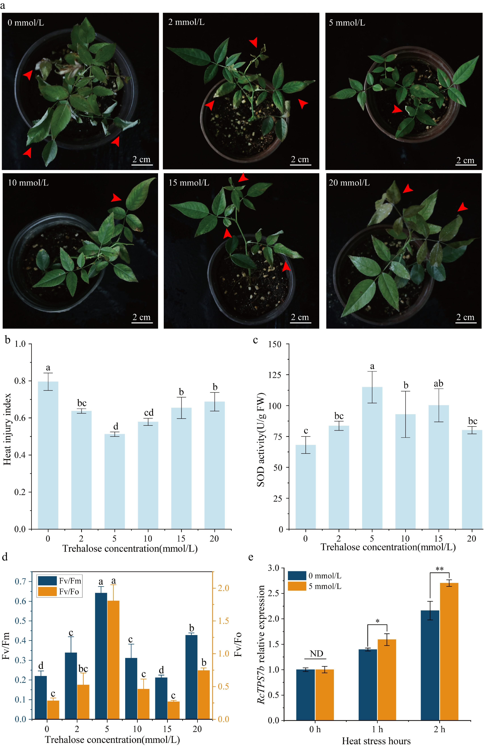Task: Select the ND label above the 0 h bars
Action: [x=316, y=654]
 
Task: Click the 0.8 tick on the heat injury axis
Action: [x=20, y=381]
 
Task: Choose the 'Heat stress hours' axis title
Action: [x=376, y=741]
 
